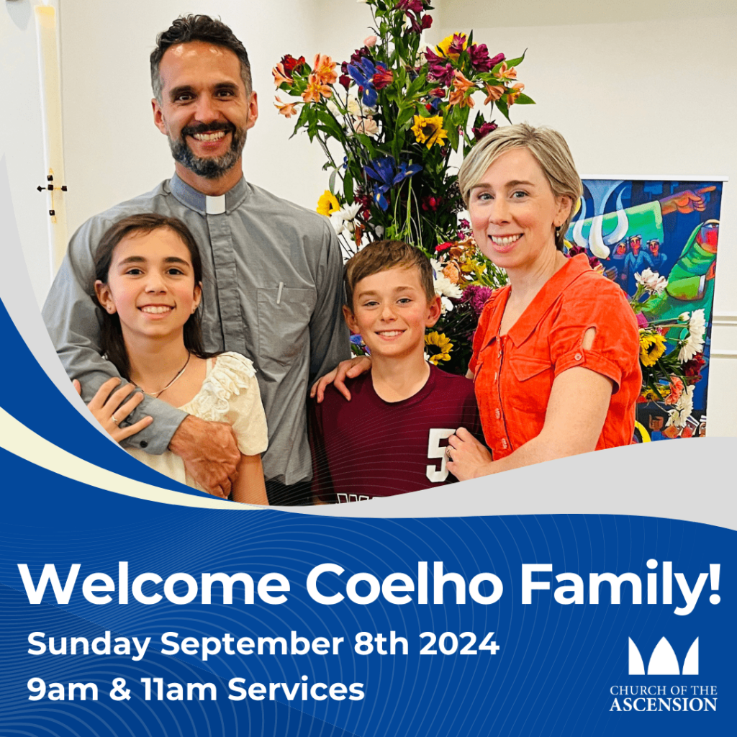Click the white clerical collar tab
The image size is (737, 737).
[215, 204]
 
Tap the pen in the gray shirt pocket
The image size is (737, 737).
[280, 292]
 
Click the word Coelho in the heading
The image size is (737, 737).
[404, 584]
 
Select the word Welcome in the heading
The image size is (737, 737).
[154, 584]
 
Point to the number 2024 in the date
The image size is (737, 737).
[458, 643]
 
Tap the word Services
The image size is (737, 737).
[296, 689]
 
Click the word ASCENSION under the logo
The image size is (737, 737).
[663, 705]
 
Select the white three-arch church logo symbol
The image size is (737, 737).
[663, 656]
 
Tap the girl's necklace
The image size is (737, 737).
[168, 379]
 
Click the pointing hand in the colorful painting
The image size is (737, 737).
[692, 200]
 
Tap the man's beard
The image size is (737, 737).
[208, 150]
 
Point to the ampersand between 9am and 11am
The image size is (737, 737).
[119, 689]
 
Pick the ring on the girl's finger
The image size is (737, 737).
[114, 420]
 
